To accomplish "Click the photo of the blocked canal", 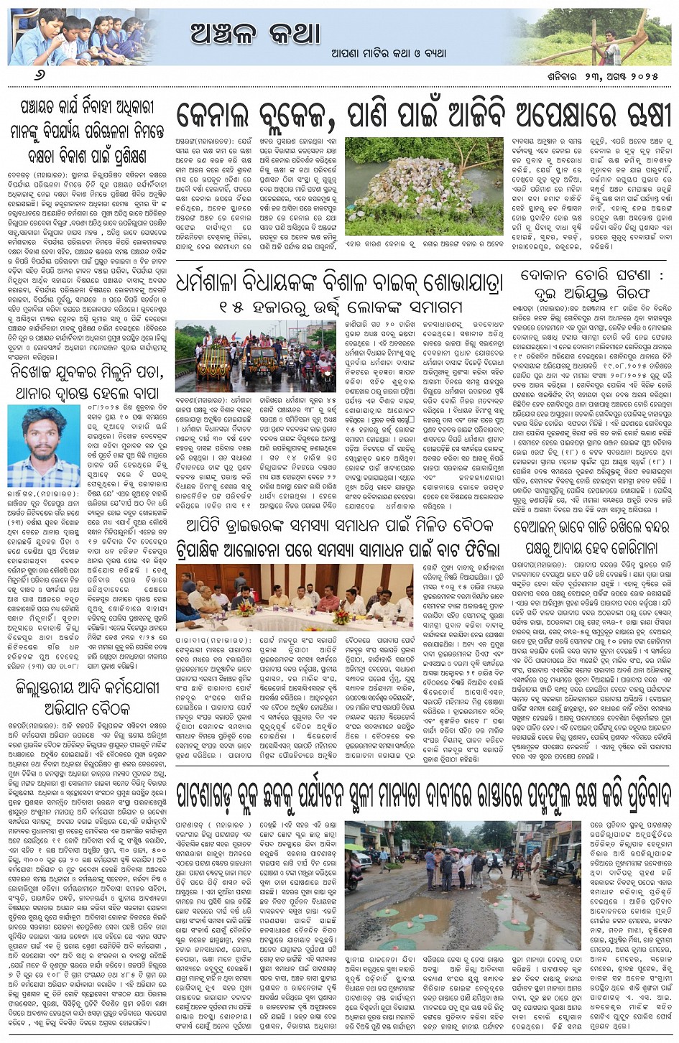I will pyautogui.click(x=424, y=186).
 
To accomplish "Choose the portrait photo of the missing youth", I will pyautogui.click(x=44, y=446).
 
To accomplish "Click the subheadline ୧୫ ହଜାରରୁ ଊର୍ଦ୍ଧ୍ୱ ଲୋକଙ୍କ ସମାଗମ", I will pyautogui.click(x=341, y=307).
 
